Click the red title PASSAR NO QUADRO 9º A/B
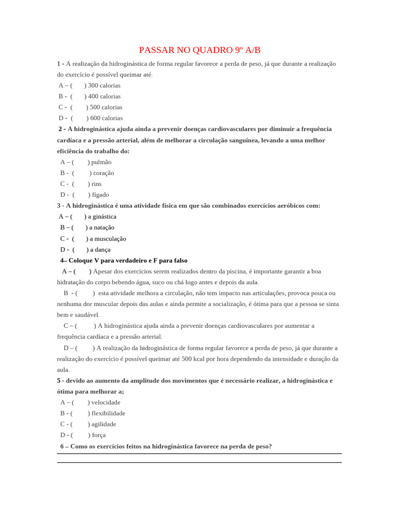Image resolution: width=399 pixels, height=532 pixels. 199,50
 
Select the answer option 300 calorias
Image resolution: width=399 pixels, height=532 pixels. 103,85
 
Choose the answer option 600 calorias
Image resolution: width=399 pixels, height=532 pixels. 106,118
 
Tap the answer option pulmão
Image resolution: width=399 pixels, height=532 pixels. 101,162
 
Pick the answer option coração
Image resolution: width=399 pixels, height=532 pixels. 103,173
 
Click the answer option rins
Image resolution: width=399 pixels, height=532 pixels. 96,184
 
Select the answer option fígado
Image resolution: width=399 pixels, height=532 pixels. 100,195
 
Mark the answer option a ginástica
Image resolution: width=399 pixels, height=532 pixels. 102,217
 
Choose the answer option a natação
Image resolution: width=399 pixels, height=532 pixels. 101,228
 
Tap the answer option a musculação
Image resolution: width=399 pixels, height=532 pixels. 108,239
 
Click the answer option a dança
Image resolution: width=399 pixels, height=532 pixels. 100,250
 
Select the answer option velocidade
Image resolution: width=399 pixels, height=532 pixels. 105,402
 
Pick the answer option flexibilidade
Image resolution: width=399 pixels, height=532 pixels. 108,413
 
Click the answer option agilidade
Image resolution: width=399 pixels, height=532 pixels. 103,424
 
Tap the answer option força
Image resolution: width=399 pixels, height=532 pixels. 98,435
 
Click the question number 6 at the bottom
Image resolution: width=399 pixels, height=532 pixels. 62,446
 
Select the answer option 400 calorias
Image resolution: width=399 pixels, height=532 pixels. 104,96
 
